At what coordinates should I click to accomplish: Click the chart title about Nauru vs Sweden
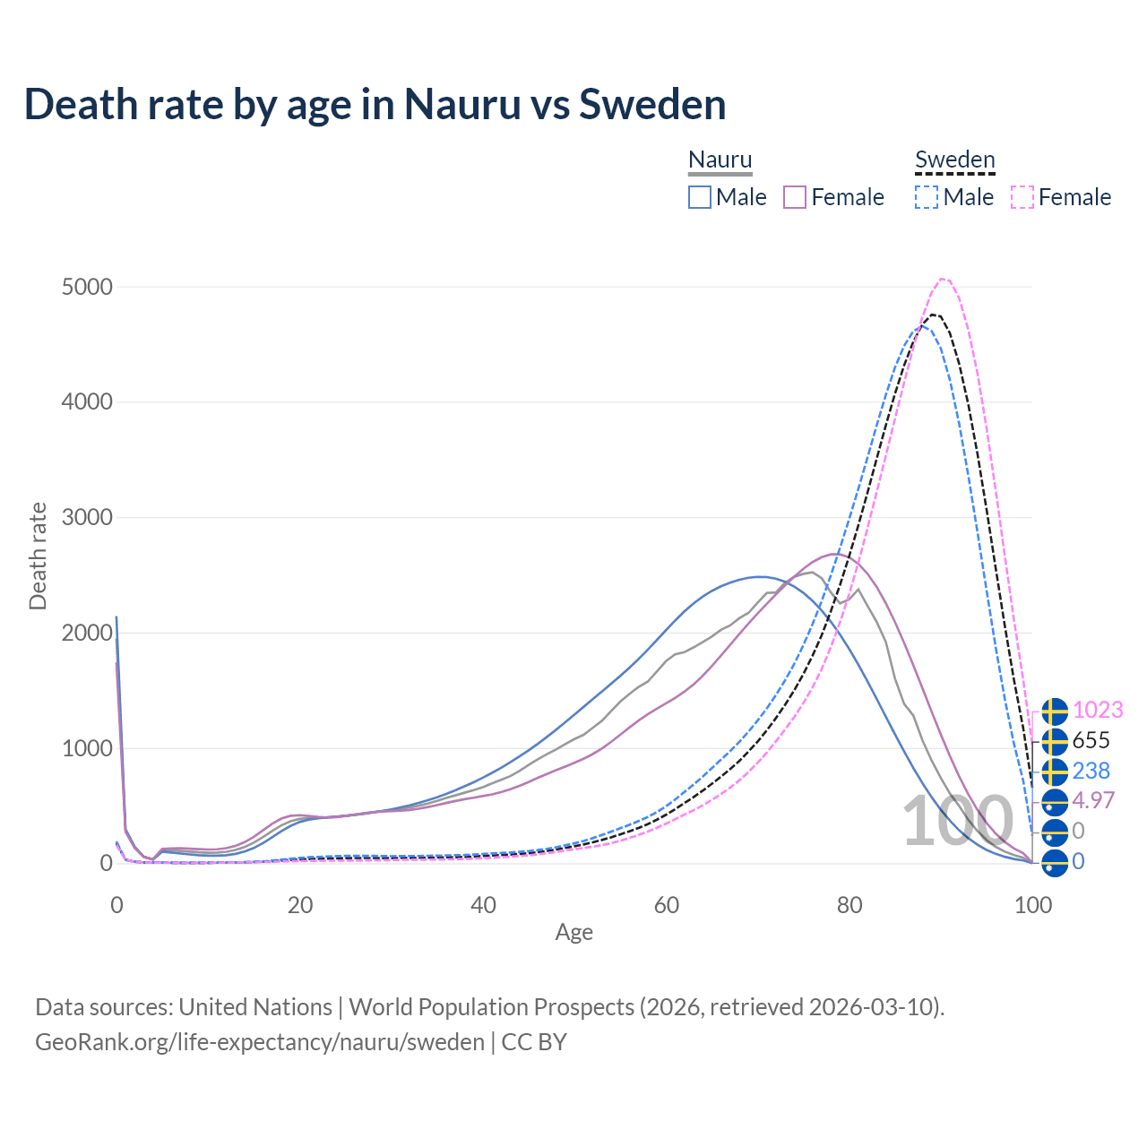tap(375, 105)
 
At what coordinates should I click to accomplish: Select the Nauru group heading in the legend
tap(720, 160)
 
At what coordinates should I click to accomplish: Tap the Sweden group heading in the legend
tap(954, 160)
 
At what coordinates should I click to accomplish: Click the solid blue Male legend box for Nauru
tap(700, 197)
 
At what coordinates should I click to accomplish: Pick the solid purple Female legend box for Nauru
tap(795, 197)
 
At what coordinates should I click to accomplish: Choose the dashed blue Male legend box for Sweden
tap(927, 197)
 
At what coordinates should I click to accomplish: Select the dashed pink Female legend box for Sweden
tap(1022, 197)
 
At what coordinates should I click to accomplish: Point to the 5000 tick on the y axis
tap(87, 287)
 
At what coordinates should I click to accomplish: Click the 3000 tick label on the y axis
tap(87, 518)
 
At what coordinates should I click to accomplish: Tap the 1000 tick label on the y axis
tap(87, 748)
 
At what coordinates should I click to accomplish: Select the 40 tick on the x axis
tap(483, 905)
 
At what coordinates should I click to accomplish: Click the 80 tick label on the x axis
tap(849, 905)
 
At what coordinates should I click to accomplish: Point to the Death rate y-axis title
tap(38, 556)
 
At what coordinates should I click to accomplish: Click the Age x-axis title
tap(573, 933)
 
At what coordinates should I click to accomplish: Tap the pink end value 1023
tap(1098, 710)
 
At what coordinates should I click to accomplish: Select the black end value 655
tap(1091, 740)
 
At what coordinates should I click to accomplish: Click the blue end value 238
tap(1091, 771)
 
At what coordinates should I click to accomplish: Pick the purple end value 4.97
tap(1093, 800)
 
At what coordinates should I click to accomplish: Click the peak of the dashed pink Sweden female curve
tap(944, 279)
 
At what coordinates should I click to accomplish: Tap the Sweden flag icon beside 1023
tap(1055, 711)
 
